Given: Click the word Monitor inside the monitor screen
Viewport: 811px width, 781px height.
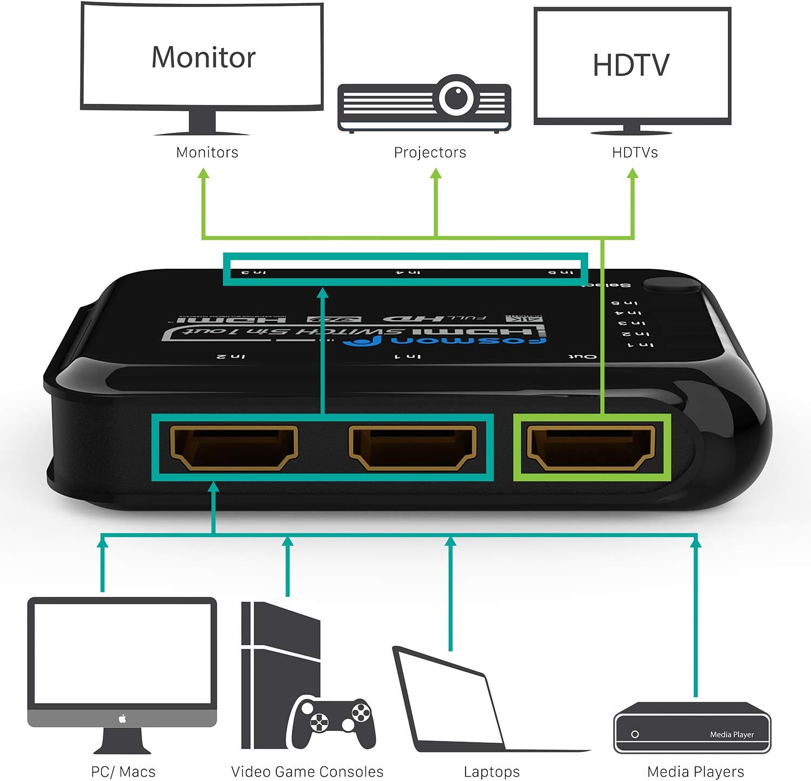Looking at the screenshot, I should (x=203, y=57).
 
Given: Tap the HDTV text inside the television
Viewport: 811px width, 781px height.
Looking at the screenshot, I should (x=631, y=65).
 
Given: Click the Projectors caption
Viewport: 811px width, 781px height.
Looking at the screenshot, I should (x=430, y=153).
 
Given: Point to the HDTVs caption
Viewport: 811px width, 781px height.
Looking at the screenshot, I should (x=635, y=153).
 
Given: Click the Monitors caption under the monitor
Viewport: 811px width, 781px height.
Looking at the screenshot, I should (x=207, y=153).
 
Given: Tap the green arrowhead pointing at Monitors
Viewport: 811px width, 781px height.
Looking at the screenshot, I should (x=203, y=174).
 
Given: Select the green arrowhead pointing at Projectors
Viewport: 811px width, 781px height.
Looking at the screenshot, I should (x=436, y=174).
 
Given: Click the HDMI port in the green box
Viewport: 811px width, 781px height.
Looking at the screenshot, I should (x=591, y=447).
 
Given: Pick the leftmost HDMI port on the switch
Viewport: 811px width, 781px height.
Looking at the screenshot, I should (x=234, y=447).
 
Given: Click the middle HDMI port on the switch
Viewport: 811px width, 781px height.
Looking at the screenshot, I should (x=413, y=447).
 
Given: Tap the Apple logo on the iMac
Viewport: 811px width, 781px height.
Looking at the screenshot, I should (x=122, y=719).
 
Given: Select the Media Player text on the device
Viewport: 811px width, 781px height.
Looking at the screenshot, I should (x=732, y=734).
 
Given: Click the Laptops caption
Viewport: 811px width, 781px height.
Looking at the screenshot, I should (x=491, y=772).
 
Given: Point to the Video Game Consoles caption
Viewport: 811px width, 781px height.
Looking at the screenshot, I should (x=307, y=772).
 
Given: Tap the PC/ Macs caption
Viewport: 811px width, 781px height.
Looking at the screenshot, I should (x=123, y=772).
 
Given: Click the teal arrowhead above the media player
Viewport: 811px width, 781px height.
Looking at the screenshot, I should (x=696, y=541).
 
